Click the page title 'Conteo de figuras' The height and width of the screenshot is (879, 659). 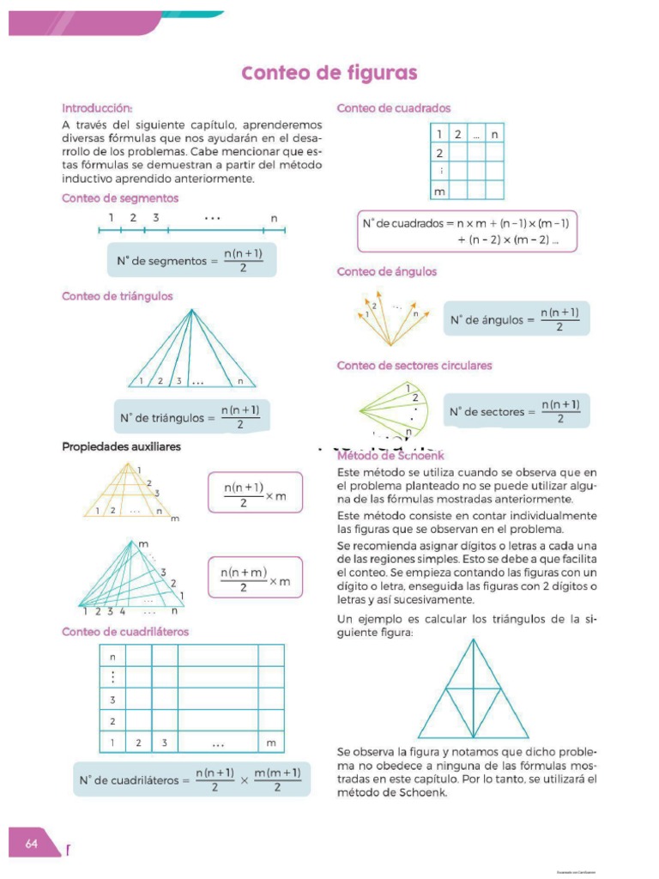pos(329,73)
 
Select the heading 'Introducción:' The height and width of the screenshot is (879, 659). pos(97,108)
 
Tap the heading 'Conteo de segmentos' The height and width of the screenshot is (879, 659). pos(120,198)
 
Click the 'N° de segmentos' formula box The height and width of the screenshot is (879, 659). pos(191,260)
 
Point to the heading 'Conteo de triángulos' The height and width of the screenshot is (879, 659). pos(118,296)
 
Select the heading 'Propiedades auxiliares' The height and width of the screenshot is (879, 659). pos(121,447)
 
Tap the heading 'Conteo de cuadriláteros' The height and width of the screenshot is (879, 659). pos(125,632)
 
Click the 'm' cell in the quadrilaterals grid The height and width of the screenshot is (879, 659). pos(271,742)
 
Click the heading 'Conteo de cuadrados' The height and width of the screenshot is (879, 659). pos(394,108)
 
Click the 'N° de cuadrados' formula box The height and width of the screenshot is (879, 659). pos(467,231)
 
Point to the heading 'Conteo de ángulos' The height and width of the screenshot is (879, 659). pos(387,271)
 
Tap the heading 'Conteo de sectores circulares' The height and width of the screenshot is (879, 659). pos(414,366)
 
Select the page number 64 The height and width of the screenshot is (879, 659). pos(32,844)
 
